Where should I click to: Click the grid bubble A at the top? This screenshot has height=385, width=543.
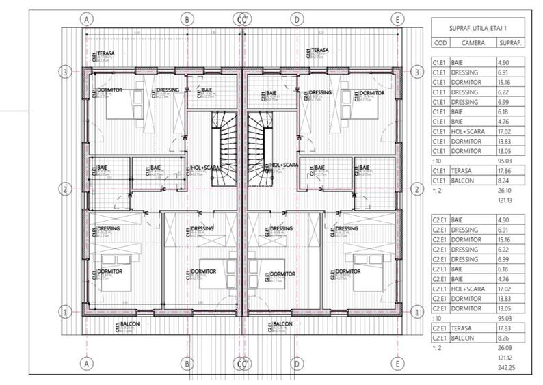(x=86, y=20)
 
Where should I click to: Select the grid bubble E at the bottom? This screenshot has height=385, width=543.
(x=397, y=363)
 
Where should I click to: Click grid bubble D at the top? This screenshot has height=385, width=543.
(x=297, y=20)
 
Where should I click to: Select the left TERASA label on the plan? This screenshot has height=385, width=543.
(x=106, y=53)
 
